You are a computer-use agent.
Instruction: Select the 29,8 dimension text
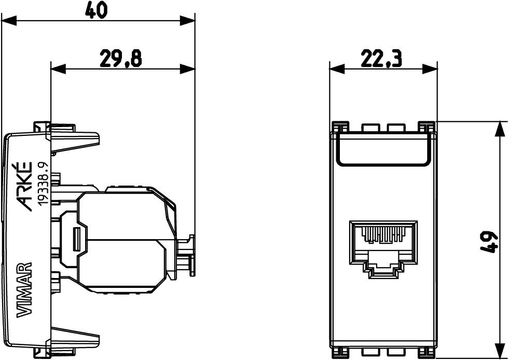120,59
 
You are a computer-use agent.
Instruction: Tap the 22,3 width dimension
381,60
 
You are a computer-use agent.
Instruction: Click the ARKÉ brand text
25,186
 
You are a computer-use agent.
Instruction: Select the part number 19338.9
44,183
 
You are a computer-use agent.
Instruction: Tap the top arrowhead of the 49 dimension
500,128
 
